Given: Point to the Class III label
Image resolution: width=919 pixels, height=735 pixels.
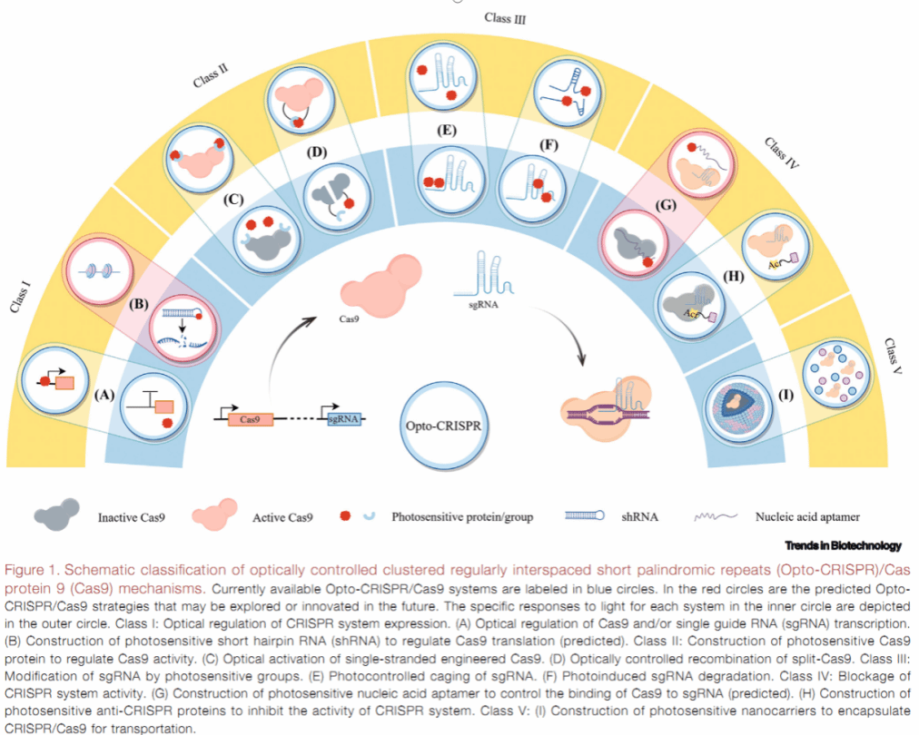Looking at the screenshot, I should [505, 17].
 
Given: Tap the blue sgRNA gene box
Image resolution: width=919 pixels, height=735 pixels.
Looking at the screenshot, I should [344, 420].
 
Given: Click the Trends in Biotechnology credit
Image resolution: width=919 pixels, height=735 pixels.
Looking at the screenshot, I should [844, 545].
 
